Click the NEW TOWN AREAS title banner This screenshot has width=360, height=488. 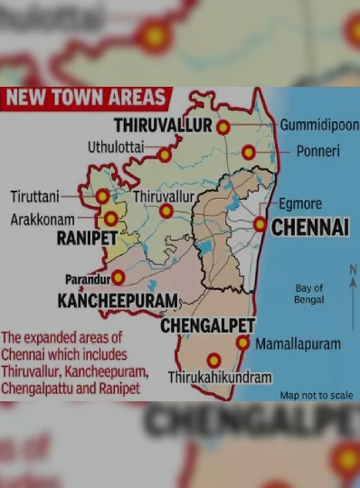click(85, 99)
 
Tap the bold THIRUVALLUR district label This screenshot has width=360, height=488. click(163, 126)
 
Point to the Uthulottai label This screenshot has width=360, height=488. click(115, 147)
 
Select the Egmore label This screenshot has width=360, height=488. click(300, 204)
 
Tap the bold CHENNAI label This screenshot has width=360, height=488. click(309, 227)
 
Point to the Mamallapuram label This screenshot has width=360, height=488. click(298, 344)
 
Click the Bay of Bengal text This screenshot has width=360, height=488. click(309, 294)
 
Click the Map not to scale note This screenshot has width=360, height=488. click(316, 395)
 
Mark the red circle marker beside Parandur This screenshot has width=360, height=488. click(118, 277)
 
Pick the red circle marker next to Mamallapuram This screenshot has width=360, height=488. click(242, 343)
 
